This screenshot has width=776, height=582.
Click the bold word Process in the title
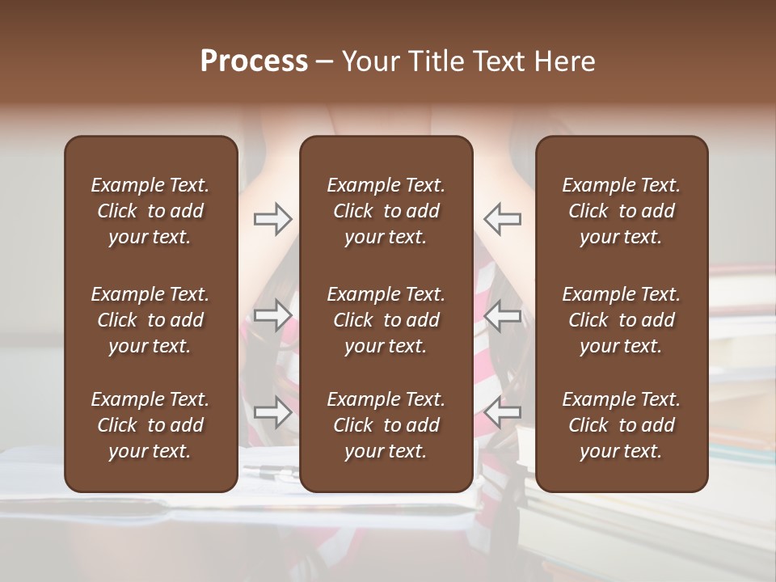pos(254,61)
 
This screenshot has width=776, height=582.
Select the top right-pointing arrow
pos(272,218)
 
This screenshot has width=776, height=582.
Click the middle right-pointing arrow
pos(272,315)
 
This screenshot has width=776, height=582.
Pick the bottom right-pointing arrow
pos(272,412)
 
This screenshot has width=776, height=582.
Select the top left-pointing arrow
pos(502,218)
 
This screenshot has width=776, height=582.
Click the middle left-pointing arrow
pos(502,315)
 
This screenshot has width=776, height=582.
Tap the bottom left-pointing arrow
pos(502,412)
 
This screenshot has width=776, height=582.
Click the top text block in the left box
pos(150,211)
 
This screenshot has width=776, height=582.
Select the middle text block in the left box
pos(150,320)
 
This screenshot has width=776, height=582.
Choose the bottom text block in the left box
pos(150,425)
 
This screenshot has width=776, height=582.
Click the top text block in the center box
pos(386,211)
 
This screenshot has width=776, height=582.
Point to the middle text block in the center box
pos(386,320)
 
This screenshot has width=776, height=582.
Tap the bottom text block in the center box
pos(386,425)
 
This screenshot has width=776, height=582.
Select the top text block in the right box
pos(622,211)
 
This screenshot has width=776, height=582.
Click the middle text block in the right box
pos(622,320)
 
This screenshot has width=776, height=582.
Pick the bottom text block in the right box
pos(622,425)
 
